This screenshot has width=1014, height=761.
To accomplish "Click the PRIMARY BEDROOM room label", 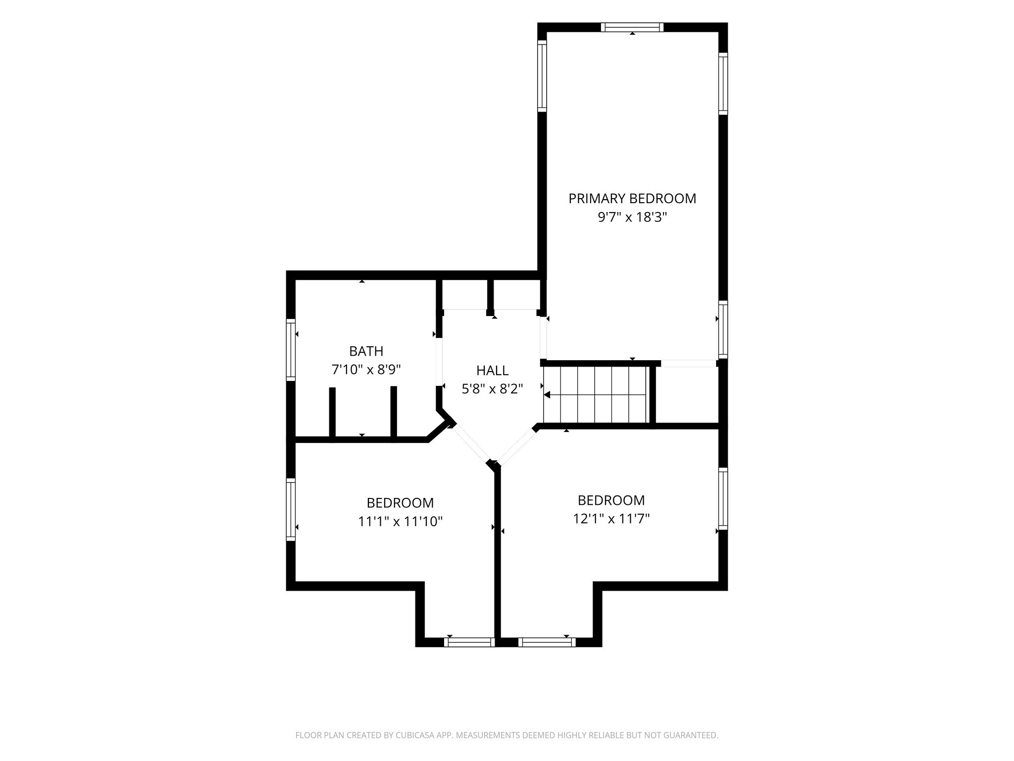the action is tap(632, 199).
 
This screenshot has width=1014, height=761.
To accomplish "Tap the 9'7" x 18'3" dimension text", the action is tap(632, 217).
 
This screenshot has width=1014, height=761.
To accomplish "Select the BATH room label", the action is tap(366, 351).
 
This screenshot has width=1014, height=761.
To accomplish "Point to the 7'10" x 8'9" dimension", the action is tap(366, 370).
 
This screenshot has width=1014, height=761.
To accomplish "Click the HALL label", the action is tap(492, 370).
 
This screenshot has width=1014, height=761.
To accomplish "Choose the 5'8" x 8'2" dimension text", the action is tap(492, 389).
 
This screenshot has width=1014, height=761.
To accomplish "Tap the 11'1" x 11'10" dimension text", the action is tap(400, 521).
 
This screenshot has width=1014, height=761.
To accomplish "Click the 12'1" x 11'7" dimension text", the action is tap(611, 519).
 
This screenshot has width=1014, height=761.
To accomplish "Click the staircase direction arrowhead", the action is tap(547, 395).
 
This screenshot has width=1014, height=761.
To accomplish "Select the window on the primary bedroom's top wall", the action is tap(632, 27).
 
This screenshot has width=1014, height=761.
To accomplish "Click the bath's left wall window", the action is tap(291, 350).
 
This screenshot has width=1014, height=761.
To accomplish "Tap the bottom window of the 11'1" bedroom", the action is tap(469, 642).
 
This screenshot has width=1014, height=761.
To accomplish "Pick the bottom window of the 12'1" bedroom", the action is tap(547, 642).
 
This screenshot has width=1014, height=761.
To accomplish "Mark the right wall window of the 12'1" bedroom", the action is tap(723, 498).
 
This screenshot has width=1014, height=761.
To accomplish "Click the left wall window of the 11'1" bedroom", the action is tap(291, 509).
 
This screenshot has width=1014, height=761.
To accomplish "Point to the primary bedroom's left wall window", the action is tap(542, 75).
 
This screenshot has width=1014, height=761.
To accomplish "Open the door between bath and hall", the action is tap(439, 362).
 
